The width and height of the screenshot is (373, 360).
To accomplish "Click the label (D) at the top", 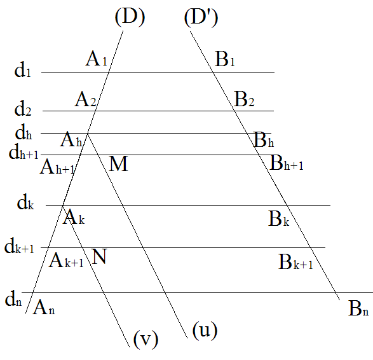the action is [x=130, y=17].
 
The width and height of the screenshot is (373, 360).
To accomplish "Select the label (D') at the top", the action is [x=201, y=18].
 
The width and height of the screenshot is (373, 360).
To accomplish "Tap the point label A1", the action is [x=97, y=59].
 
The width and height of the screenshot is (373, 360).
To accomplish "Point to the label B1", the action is [x=225, y=59].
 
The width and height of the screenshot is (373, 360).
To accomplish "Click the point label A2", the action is [x=86, y=99].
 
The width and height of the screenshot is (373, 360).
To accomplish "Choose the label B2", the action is [x=244, y=99].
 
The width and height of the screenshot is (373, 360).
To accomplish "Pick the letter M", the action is [x=118, y=164].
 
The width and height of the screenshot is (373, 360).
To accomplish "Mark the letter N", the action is [x=99, y=256].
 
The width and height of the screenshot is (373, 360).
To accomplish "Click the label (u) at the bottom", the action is [x=205, y=330].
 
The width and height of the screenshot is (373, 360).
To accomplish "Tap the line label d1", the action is [x=23, y=70].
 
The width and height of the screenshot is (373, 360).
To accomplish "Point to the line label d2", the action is [x=23, y=109].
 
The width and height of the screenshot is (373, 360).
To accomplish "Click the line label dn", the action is [x=13, y=298].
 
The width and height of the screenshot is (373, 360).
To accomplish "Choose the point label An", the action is [x=44, y=307].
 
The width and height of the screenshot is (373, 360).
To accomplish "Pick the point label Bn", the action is [x=358, y=308].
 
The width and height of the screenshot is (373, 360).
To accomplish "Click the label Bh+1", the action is [x=287, y=163].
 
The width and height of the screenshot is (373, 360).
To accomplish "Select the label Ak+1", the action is [x=66, y=260].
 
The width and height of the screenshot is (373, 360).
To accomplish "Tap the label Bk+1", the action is [x=295, y=262].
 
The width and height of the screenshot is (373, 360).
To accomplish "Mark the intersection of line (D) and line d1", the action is [x=109, y=72].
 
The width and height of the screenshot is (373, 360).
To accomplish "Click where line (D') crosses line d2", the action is [x=234, y=111].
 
